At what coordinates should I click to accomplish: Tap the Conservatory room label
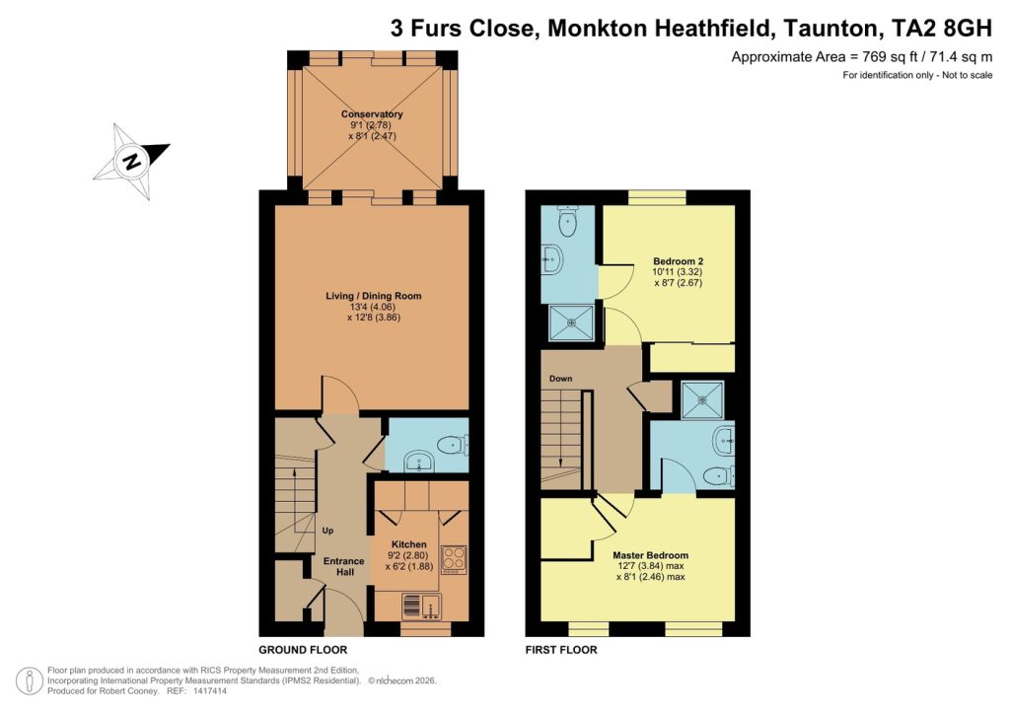(x=372, y=114)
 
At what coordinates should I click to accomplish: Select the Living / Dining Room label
(x=374, y=296)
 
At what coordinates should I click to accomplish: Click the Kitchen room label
(x=408, y=544)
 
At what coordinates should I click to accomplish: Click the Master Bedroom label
(x=650, y=555)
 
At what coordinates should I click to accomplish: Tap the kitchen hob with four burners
(x=454, y=560)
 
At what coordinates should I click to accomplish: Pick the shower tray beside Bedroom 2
(x=572, y=322)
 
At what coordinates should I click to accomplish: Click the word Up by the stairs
(x=327, y=531)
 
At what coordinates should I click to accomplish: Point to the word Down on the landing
(x=562, y=378)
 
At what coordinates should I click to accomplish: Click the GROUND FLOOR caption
(x=303, y=651)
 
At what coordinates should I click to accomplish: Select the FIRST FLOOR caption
(x=562, y=651)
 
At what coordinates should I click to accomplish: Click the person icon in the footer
(x=31, y=680)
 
